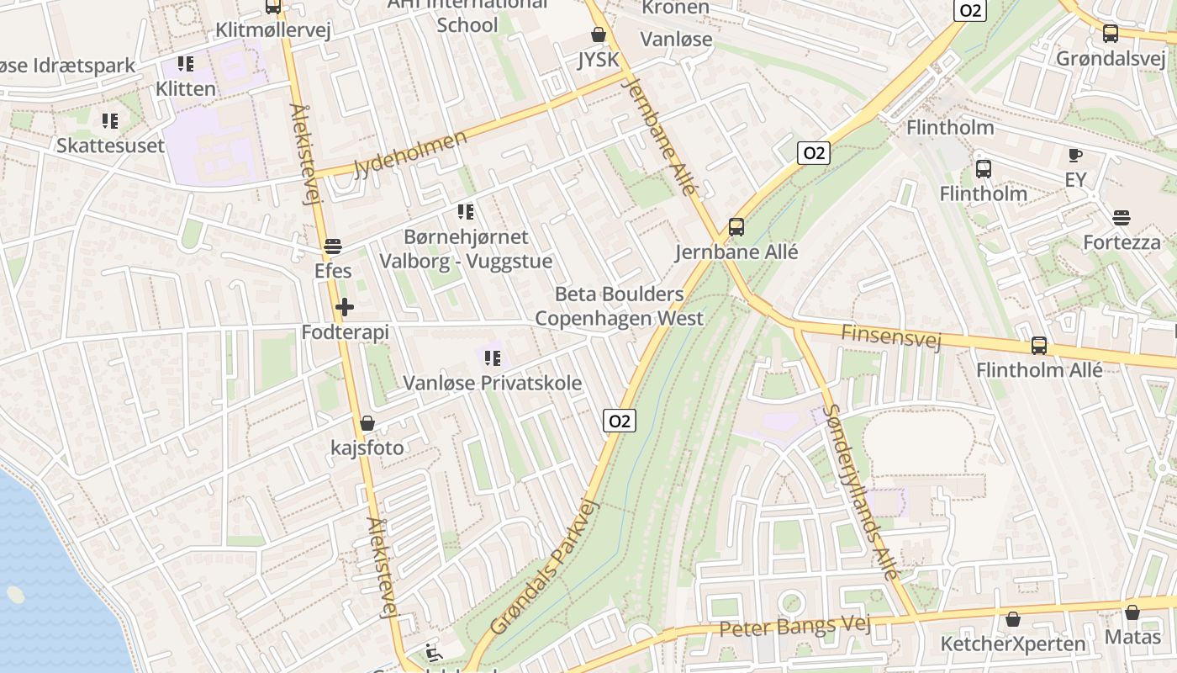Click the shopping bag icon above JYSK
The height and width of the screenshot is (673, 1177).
[598, 34]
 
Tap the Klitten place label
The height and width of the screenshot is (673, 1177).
[186, 88]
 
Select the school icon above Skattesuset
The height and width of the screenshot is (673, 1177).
[109, 121]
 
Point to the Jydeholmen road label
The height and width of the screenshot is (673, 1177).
[410, 154]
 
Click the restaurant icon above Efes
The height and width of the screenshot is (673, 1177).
[333, 246]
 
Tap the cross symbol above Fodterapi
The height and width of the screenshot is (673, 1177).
[345, 308]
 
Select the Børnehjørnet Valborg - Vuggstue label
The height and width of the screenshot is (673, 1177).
[466, 249]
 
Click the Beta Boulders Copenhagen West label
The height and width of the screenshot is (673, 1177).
[619, 306]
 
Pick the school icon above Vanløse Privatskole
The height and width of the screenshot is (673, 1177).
[493, 359]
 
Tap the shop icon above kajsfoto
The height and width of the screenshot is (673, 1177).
[367, 423]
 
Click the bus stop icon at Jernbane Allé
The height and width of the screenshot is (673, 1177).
[736, 227]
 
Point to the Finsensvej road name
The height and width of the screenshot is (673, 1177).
[890, 336]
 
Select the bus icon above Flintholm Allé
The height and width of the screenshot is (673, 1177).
[1039, 346]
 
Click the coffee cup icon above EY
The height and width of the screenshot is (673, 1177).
[1074, 155]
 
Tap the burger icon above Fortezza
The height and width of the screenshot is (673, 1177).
[1121, 218]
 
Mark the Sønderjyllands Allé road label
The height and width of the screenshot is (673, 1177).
[862, 491]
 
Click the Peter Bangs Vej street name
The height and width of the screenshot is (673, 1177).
[794, 627]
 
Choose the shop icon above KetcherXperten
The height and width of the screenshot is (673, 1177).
[1013, 620]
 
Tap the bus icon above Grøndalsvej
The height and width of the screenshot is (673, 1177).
[1110, 34]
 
